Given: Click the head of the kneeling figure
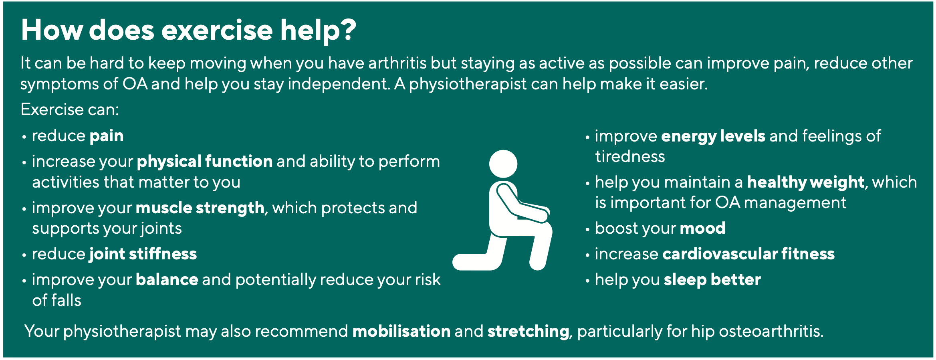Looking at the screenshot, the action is point(503,164).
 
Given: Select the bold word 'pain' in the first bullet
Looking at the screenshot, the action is point(107,136).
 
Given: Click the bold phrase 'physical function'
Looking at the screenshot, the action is point(205,162).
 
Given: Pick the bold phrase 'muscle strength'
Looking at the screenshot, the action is point(200,208).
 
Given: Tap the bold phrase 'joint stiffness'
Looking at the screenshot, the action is point(143,254).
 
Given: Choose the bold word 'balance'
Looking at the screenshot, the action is point(167,279).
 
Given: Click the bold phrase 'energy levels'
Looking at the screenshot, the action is point(713,137).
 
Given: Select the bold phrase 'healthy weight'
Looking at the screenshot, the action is point(806,183).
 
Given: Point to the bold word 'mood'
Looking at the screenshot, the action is point(702,229).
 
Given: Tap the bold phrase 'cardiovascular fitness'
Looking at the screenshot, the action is point(748,254).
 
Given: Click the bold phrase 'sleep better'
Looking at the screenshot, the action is point(712,280).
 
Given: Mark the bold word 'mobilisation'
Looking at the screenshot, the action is point(401,331).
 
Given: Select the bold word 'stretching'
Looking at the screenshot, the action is point(528,332).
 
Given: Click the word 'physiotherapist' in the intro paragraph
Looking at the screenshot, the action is point(468,84).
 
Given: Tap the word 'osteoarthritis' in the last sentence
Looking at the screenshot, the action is point(771,331).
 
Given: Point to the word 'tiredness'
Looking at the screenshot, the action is point(630,156).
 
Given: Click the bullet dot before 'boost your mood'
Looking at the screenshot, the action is point(587,230).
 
